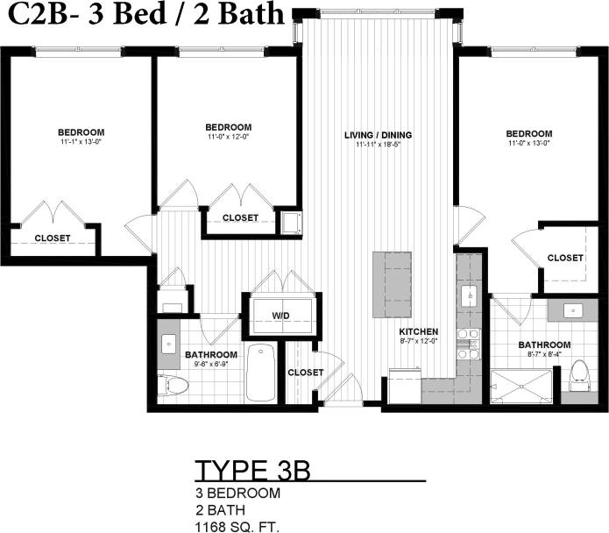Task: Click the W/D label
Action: click(x=280, y=316)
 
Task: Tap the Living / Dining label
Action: click(x=378, y=135)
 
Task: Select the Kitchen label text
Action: click(x=418, y=332)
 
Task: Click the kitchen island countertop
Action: click(x=391, y=286)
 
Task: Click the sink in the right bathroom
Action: click(x=575, y=309)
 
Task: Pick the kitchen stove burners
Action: click(x=469, y=344)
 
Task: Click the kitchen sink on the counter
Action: click(x=470, y=295)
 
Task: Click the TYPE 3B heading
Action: click(x=252, y=470)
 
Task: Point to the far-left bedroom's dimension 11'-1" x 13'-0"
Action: click(x=81, y=141)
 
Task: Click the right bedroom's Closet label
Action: click(x=565, y=258)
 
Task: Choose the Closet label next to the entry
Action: click(x=306, y=373)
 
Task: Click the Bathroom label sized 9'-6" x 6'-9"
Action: click(x=209, y=355)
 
